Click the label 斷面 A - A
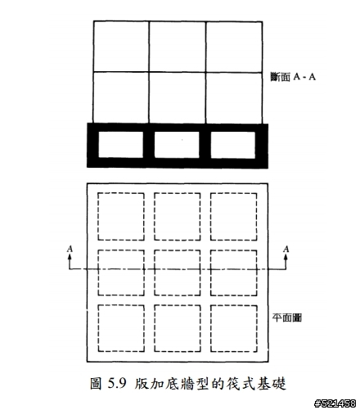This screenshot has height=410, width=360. [293, 77]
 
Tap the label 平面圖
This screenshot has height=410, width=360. [287, 318]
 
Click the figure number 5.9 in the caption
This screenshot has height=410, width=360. [117, 383]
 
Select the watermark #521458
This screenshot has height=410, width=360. [335, 403]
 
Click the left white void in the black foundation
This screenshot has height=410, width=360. [120, 145]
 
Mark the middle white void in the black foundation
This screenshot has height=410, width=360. [177, 145]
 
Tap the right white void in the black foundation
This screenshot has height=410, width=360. [233, 145]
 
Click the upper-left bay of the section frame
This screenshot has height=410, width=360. [121, 47]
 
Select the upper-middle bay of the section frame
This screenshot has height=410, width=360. [178, 47]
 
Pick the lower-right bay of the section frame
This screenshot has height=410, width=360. [234, 98]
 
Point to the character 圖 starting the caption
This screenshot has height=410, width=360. [96, 384]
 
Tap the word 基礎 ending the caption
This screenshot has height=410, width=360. [272, 384]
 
